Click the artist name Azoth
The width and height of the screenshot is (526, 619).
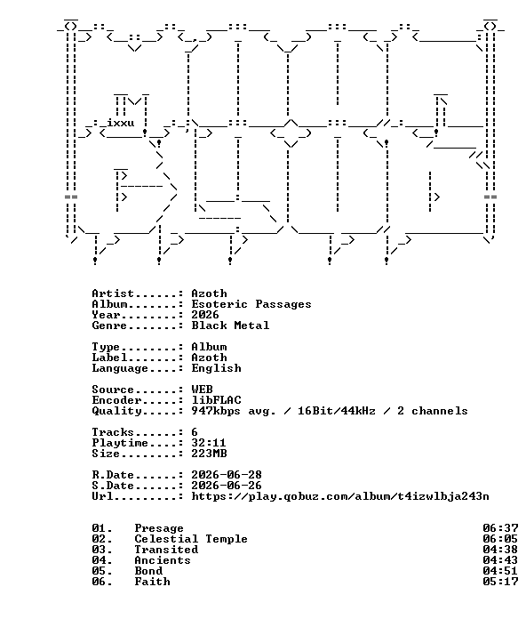coord(209,293)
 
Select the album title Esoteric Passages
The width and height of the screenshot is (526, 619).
coord(251,304)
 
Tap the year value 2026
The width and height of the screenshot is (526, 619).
coord(205,315)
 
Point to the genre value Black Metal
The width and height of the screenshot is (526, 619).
coord(230,326)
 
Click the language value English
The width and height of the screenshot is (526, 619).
coord(216,368)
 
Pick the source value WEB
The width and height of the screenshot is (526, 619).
coord(202,390)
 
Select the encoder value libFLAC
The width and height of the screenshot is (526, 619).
coord(216,400)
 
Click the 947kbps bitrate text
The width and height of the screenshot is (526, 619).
coord(216,411)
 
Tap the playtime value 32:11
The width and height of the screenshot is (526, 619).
coord(209,443)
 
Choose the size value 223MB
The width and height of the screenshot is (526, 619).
coord(209,454)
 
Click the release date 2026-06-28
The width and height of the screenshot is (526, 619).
coord(227,475)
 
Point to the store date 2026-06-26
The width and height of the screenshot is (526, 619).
coord(227,486)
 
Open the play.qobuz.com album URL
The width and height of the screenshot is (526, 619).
coord(340,496)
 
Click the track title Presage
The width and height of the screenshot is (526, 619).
coord(159,528)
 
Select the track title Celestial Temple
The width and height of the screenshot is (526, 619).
coord(191,539)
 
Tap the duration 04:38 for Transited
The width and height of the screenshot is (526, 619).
coord(500,550)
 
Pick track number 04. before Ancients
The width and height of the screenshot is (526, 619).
coord(102,560)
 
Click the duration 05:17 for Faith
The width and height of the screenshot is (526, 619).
coord(500,582)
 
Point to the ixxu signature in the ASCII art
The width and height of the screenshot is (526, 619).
coord(121,123)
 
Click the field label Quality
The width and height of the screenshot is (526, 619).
coord(116,411)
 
